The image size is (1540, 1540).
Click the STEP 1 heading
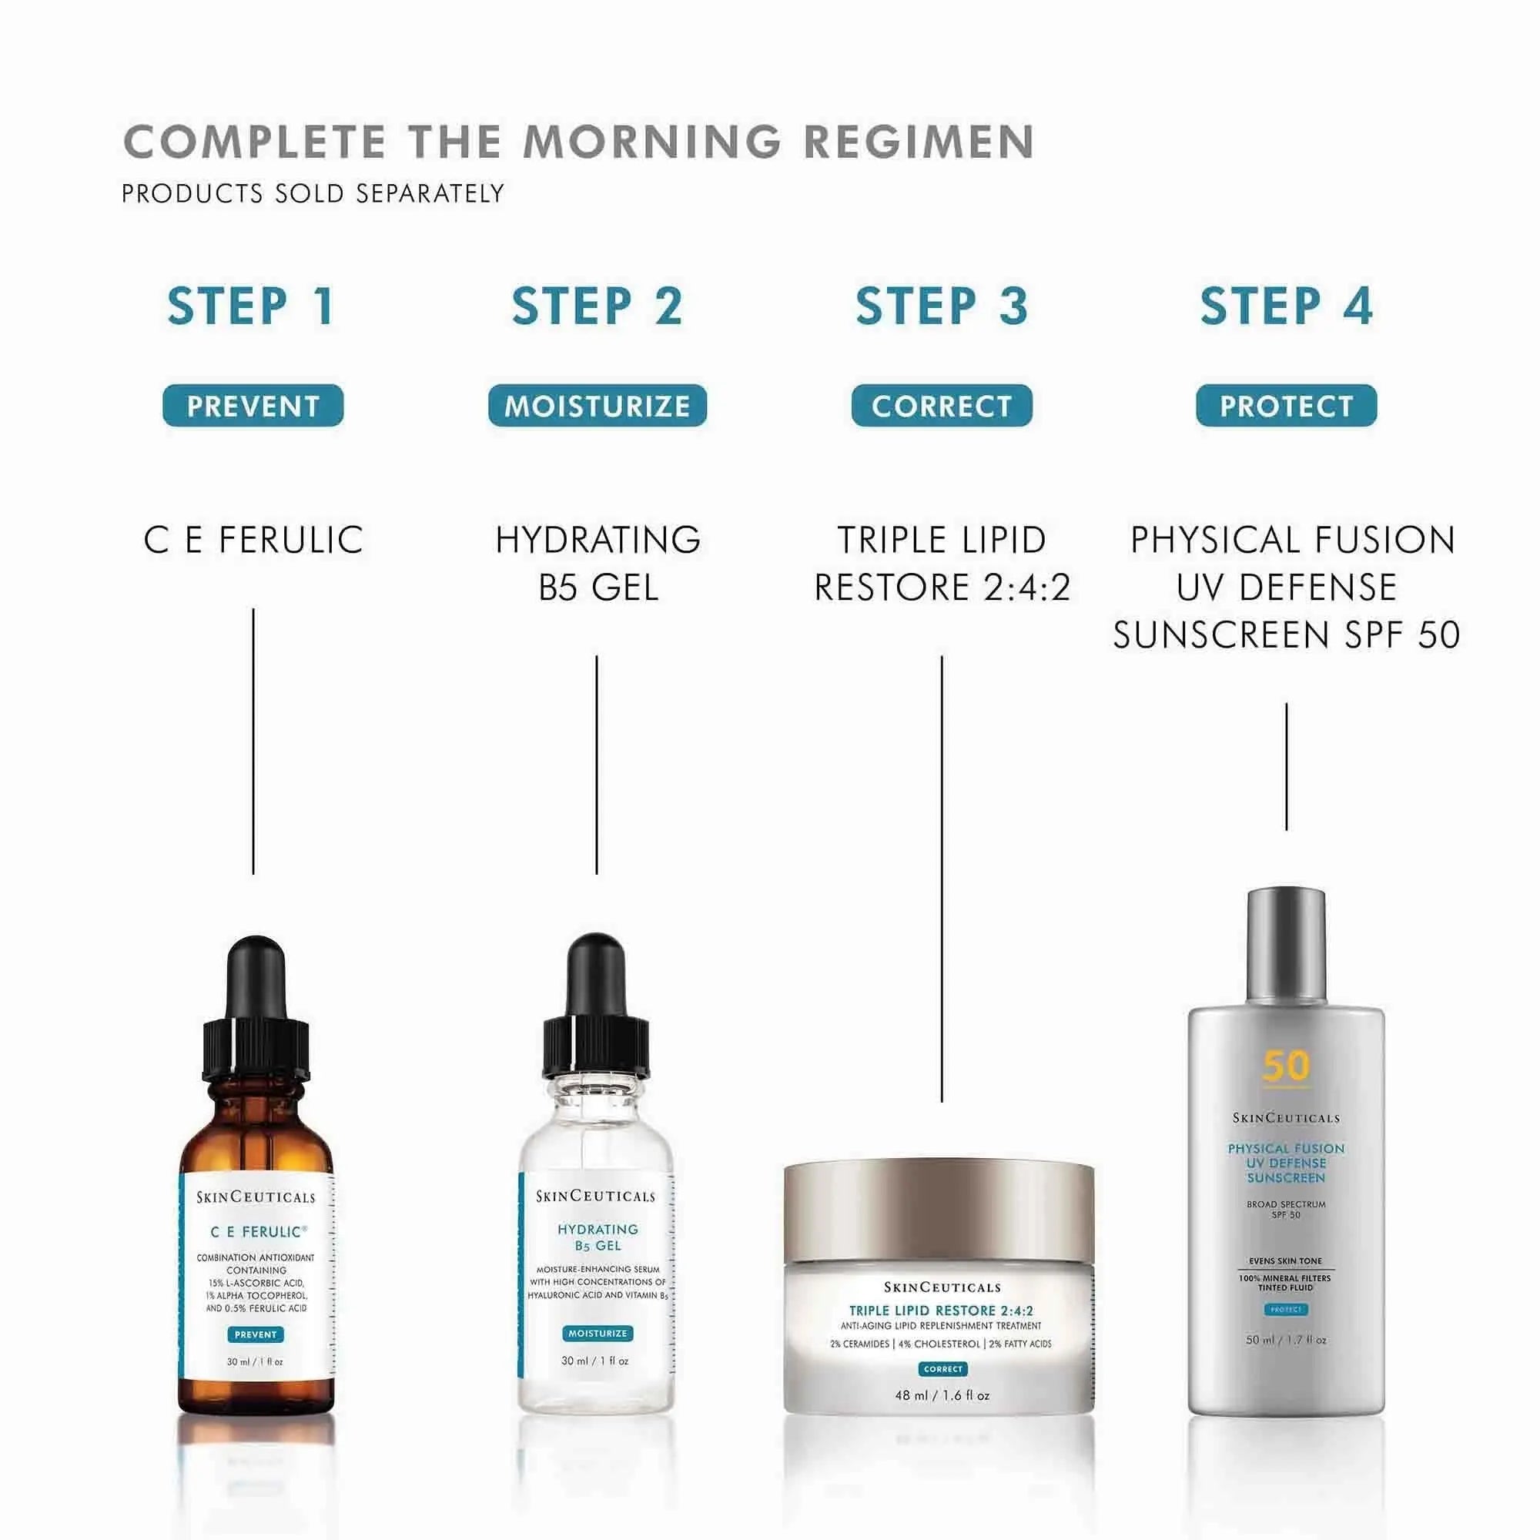click(252, 306)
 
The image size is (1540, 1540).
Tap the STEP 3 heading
click(942, 306)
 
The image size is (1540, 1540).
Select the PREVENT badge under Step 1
click(253, 406)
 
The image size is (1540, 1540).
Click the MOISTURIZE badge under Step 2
click(597, 406)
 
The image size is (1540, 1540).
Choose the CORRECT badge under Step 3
click(942, 406)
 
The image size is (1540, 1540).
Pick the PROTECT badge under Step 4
click(1286, 406)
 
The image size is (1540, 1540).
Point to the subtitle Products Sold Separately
click(313, 194)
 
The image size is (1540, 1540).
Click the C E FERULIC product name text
click(253, 540)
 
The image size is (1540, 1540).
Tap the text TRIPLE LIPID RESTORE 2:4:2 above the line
click(942, 564)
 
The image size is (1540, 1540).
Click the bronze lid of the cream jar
click(938, 1211)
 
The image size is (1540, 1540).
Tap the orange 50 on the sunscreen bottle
click(1286, 1066)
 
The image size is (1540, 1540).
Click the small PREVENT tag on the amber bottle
click(255, 1334)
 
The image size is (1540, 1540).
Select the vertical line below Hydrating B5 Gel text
click(596, 765)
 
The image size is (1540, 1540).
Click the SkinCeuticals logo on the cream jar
click(942, 1287)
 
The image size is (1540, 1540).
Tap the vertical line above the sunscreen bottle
click(1286, 766)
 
